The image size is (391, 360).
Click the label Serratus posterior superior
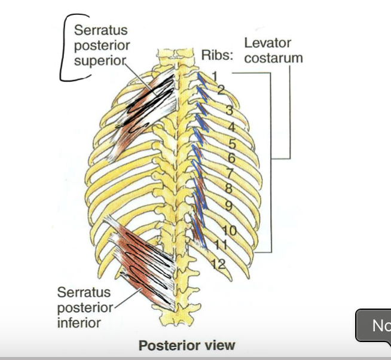(x=100, y=45)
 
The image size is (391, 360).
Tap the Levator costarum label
(x=273, y=51)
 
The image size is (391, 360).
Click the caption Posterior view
(x=187, y=345)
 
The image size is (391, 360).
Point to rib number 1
(x=214, y=76)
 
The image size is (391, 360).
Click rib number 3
(x=229, y=109)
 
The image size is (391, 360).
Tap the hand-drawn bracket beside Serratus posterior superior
(x=64, y=48)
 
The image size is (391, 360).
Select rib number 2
(x=221, y=90)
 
